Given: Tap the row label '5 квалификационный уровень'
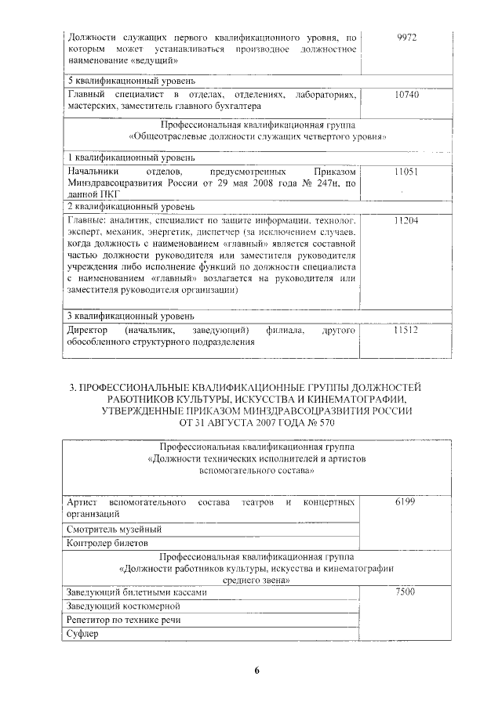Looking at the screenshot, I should [128, 81].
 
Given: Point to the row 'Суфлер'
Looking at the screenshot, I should [82, 634].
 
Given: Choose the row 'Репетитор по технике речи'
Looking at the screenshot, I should [123, 620].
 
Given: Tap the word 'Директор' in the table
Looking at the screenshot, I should [88, 331].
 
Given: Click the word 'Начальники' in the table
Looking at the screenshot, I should [93, 171].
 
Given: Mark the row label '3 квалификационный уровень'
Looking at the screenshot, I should [128, 316].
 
